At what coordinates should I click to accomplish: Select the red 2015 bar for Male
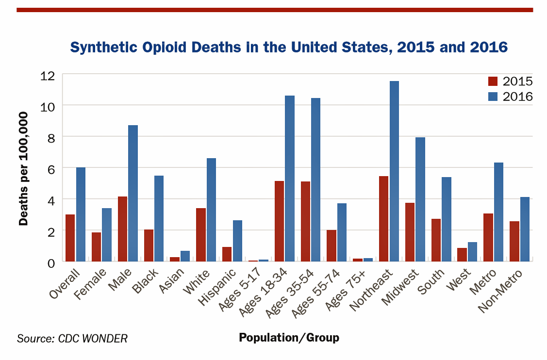click(x=122, y=229)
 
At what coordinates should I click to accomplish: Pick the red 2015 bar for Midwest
click(x=410, y=232)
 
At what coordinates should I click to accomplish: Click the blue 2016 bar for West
click(x=472, y=252)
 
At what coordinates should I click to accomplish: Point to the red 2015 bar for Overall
click(x=70, y=238)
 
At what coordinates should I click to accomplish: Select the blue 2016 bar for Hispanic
click(x=237, y=241)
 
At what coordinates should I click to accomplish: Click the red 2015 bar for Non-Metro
click(x=514, y=241)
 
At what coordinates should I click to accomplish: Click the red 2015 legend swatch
click(x=493, y=81)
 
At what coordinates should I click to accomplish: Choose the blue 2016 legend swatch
click(x=493, y=96)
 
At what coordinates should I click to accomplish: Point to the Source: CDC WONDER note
click(x=72, y=338)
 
